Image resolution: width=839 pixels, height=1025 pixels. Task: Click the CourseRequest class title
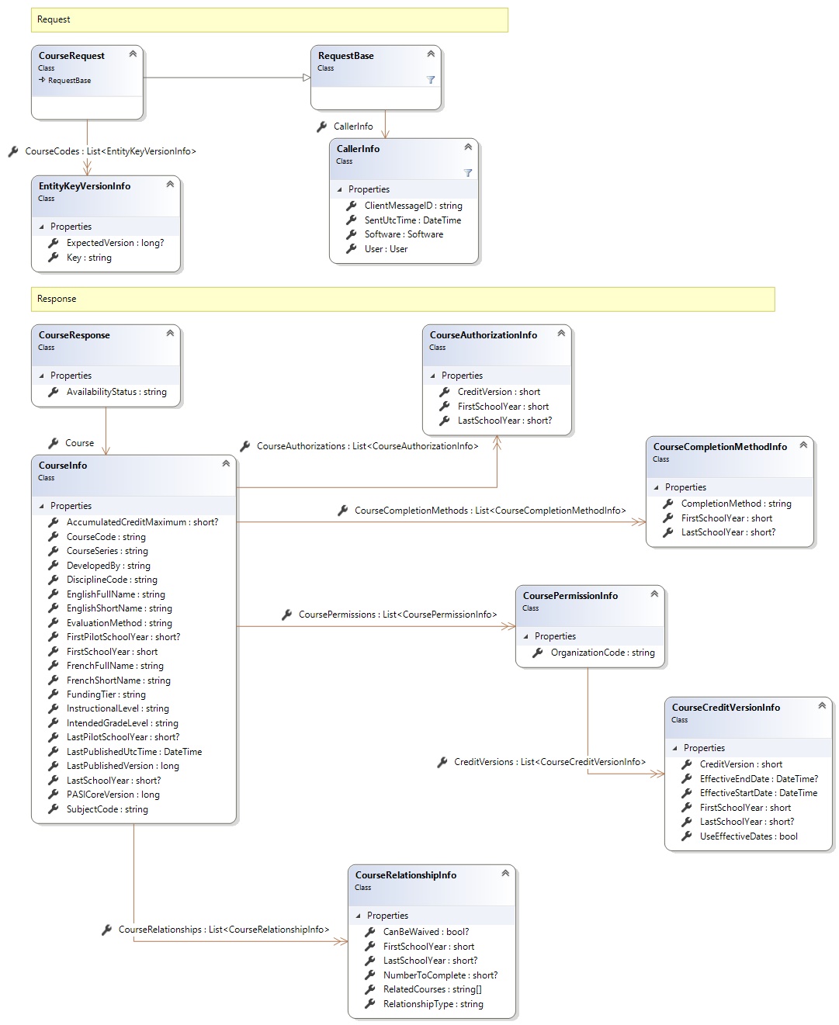(x=71, y=56)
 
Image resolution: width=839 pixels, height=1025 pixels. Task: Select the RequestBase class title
(x=345, y=56)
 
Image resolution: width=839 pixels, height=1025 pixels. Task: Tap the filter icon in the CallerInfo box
(x=467, y=173)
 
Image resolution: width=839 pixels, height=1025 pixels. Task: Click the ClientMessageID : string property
(x=413, y=206)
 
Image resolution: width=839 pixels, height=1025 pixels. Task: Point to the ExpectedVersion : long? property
(x=115, y=243)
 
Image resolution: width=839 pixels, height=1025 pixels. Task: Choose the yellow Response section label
(x=57, y=299)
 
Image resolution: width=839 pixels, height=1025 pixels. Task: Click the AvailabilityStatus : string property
(x=116, y=392)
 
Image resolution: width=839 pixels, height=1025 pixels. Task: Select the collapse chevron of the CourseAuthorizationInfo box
(x=561, y=333)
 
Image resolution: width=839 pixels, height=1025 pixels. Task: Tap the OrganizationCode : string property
(x=602, y=653)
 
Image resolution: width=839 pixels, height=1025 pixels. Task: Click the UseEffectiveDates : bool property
(x=748, y=836)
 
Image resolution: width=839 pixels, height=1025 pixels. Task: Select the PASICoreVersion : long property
(x=113, y=795)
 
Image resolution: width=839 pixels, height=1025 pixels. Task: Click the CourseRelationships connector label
(x=224, y=930)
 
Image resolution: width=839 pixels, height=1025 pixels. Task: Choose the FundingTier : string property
(x=106, y=694)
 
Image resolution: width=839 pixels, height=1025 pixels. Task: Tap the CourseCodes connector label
(x=110, y=151)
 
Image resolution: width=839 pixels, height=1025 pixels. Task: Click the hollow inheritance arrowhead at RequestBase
(x=307, y=78)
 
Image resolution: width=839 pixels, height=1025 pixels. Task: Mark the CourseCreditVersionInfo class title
(x=726, y=708)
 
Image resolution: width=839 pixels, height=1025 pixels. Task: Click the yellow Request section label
(x=54, y=19)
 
